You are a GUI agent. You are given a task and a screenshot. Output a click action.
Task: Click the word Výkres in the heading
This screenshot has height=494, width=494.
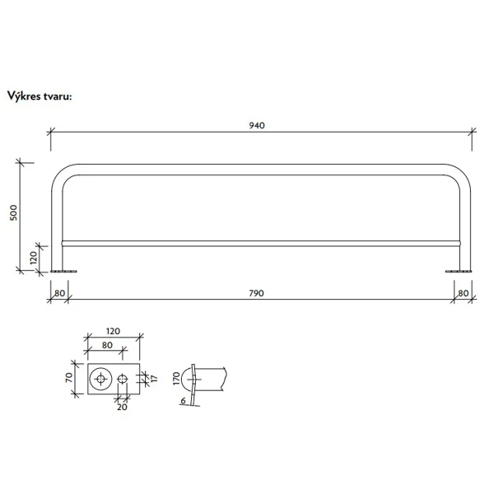pos(26,95)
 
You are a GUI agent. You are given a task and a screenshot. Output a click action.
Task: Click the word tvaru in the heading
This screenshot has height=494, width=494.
pos(59,95)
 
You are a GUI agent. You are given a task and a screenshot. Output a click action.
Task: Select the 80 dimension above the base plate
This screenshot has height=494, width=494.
pos(107,346)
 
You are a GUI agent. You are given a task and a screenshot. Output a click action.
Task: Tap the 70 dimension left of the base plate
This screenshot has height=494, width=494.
pos(71,380)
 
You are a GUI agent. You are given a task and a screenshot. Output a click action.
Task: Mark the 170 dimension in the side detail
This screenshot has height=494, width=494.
pos(175,379)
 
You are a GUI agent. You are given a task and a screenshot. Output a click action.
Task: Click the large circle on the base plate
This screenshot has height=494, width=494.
pos(101,379)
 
